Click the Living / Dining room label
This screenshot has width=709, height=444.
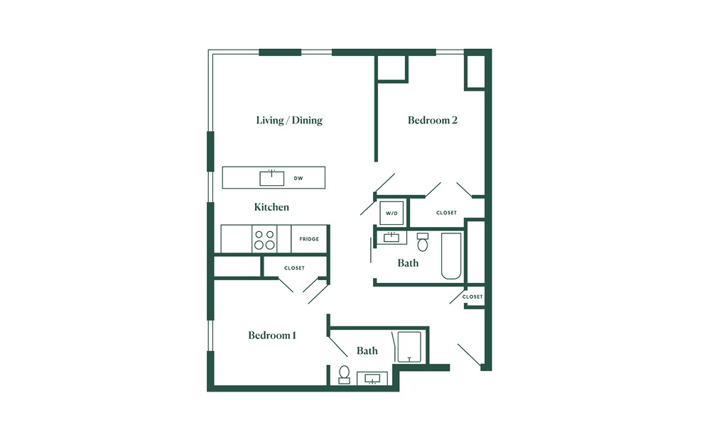pos(289,120)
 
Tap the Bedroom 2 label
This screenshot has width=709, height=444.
pos(432,120)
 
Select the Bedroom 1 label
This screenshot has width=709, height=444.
pos(272,335)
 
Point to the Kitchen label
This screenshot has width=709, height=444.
pos(271,207)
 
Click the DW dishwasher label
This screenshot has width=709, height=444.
pos(298,178)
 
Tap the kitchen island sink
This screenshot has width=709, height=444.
pos(272,178)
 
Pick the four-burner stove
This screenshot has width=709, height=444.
pos(264,239)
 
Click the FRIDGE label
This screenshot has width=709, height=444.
pos(309,239)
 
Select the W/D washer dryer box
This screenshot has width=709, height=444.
pos(391,213)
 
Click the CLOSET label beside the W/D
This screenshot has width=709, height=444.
pos(446,213)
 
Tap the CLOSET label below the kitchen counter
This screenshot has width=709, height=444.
pos(294,268)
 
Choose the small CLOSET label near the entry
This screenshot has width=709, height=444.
pos(472,297)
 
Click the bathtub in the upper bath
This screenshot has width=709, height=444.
pos(451,256)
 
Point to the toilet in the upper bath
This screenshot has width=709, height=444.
pos(423,243)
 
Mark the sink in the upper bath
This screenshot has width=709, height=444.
pos(391,237)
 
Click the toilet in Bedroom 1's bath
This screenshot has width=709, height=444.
pos(344,375)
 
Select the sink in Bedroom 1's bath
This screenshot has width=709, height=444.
pos(372,379)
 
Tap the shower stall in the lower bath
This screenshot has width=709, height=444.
pos(409,347)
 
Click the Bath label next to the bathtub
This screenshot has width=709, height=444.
pos(408,263)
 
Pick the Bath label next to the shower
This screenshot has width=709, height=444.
pos(367,350)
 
